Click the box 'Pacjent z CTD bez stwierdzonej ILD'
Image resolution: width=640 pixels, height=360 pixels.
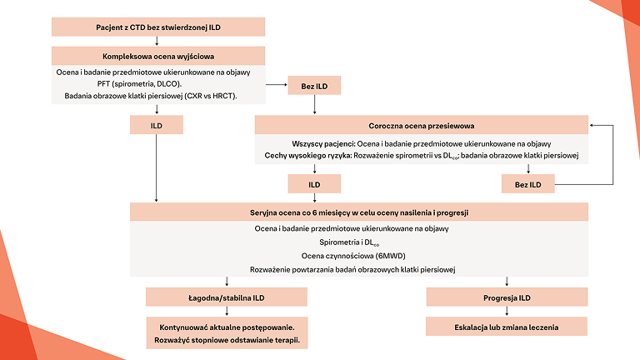(158, 27)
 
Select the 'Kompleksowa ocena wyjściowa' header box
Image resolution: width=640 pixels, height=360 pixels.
(158, 56)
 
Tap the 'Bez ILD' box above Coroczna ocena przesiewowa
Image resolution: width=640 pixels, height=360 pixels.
(314, 86)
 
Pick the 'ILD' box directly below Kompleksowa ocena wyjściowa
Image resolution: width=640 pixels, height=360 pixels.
(156, 124)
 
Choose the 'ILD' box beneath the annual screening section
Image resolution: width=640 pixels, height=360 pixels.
(314, 183)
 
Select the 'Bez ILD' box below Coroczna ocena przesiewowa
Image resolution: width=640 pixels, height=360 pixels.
(528, 183)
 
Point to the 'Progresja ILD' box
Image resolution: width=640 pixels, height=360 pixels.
(507, 297)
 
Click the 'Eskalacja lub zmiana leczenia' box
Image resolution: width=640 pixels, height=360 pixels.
(507, 326)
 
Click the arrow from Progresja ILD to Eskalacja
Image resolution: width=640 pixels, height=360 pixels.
(507, 311)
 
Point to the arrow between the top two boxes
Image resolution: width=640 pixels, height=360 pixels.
(158, 42)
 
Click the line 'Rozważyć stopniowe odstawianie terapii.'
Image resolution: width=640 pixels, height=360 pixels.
(226, 341)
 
